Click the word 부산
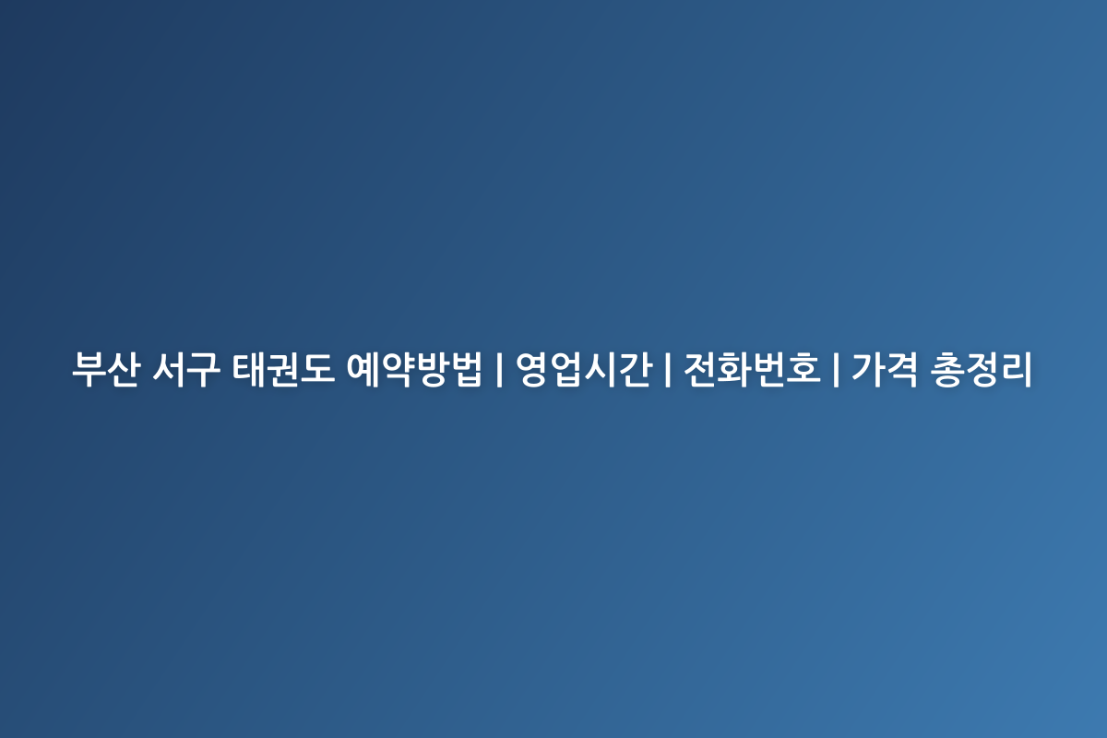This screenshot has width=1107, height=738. click(106, 369)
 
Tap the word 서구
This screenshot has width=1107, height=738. click(185, 369)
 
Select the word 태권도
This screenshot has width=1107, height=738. click(283, 369)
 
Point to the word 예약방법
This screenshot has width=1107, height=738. click(414, 369)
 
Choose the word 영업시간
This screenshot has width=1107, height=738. click(584, 369)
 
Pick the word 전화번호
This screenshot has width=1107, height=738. click(752, 369)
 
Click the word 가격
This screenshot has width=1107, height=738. click(885, 369)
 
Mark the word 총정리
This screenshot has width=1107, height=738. click(981, 369)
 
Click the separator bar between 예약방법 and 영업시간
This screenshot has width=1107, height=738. click(499, 370)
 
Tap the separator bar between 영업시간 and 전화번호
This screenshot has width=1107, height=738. click(668, 370)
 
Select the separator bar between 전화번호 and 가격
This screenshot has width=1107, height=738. click(836, 370)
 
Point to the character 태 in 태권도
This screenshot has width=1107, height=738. click(248, 369)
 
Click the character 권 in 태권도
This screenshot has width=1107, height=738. click(283, 369)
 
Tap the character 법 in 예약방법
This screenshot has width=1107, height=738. click(466, 369)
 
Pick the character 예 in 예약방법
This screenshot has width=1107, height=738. click(363, 369)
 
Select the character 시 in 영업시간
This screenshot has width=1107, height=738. click(601, 369)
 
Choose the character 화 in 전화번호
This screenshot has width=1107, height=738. click(735, 369)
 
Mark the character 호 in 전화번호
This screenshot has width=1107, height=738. click(804, 369)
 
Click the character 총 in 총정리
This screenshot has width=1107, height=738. click(946, 369)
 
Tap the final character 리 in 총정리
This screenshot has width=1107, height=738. click(1016, 369)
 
